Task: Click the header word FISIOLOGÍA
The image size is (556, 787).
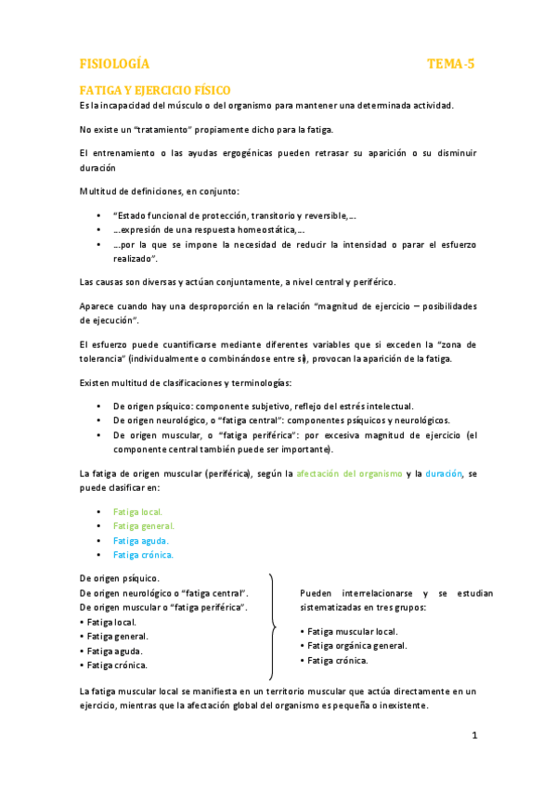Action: pos(114,64)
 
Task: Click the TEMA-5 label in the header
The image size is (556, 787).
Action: pos(451,64)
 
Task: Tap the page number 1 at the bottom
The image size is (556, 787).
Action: pos(473,736)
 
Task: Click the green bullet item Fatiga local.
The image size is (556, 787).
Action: pos(137,511)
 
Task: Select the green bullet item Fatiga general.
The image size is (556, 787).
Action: pos(144,525)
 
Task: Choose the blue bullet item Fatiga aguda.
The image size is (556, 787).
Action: pos(141,540)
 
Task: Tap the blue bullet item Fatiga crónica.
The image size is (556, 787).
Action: pos(143,555)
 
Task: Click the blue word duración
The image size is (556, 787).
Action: pos(445,473)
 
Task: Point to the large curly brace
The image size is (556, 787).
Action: pos(271,627)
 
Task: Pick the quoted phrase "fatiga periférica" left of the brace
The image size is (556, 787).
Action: pos(209,607)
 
